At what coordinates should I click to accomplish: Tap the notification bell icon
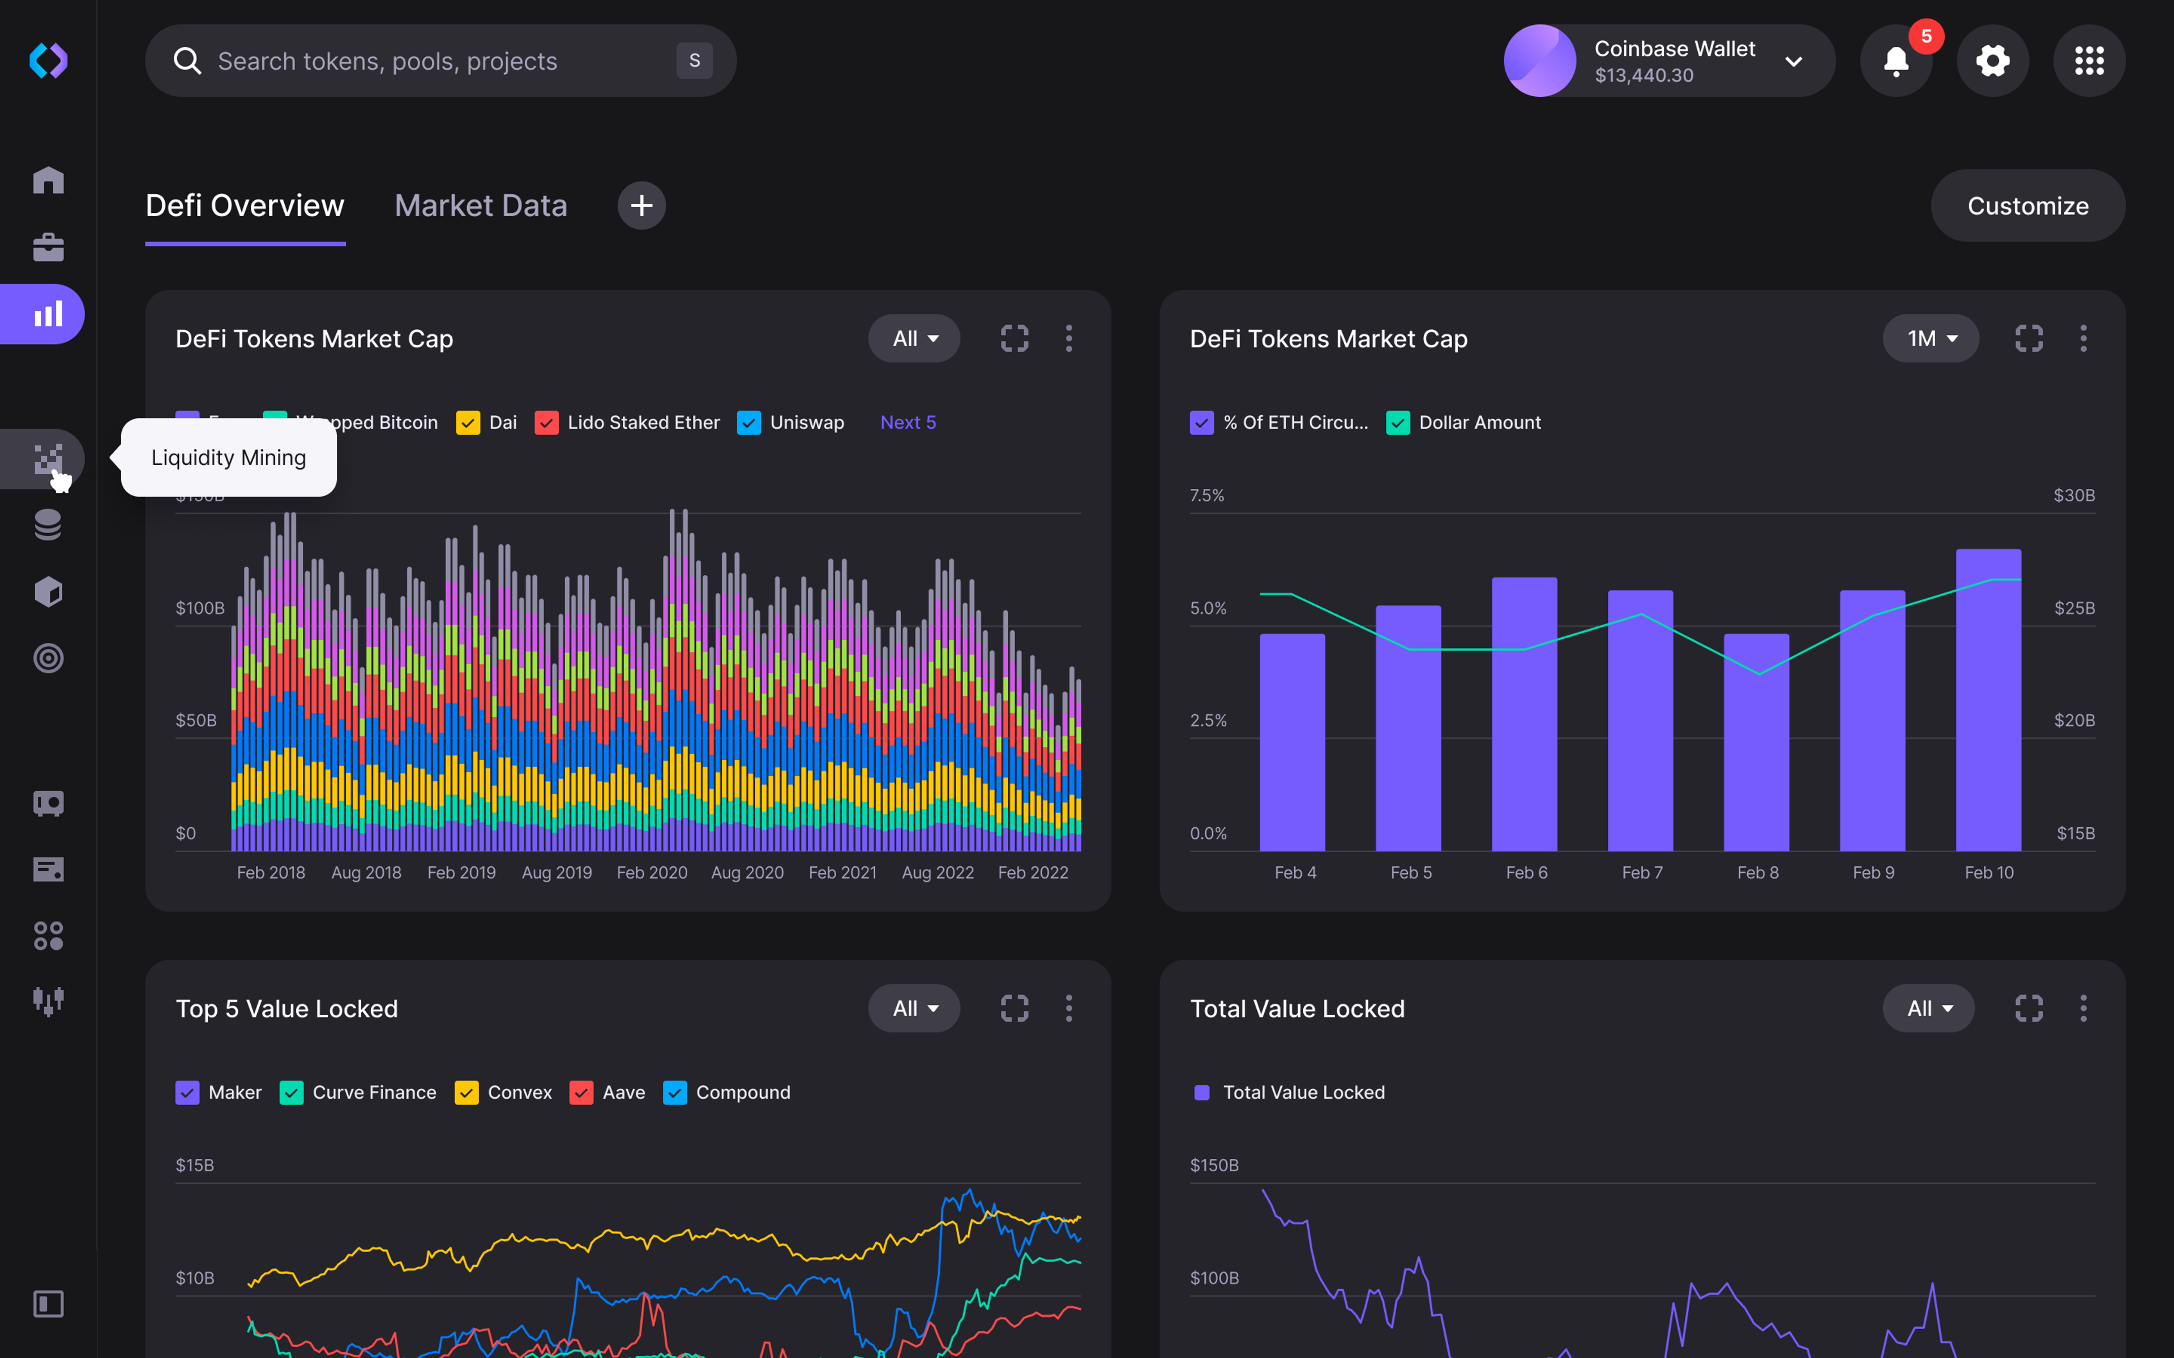tap(1895, 61)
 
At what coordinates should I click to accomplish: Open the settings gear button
tap(1992, 61)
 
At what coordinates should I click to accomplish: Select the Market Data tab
tap(481, 205)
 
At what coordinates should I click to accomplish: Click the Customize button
tap(2027, 205)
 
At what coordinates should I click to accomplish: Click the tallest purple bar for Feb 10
tap(1988, 701)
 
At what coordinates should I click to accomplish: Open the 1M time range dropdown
tap(1929, 338)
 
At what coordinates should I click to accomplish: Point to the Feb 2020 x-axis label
tap(651, 873)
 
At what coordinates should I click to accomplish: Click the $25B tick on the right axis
tap(2073, 608)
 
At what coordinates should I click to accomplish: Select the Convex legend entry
tap(519, 1092)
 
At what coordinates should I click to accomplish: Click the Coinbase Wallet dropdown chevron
tap(1793, 61)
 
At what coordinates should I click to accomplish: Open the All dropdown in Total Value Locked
tap(1928, 1009)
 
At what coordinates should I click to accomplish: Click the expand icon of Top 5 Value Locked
tap(1014, 1009)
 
